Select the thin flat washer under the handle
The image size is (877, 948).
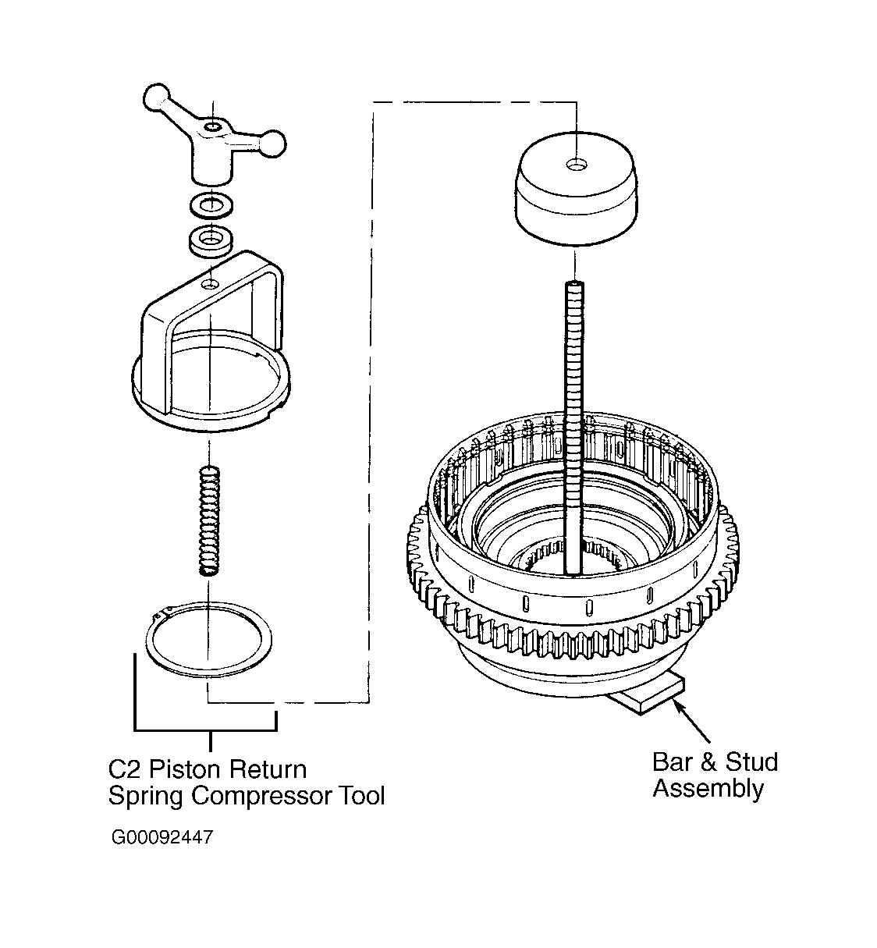click(x=211, y=205)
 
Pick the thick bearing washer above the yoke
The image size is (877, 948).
click(x=211, y=240)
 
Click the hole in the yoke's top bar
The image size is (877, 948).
click(x=210, y=285)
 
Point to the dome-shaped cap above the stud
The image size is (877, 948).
click(x=577, y=189)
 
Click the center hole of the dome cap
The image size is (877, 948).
click(x=577, y=165)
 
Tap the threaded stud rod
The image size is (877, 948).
click(x=573, y=428)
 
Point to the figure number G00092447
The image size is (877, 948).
click(x=162, y=837)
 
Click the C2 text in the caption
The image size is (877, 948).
click(x=125, y=770)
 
